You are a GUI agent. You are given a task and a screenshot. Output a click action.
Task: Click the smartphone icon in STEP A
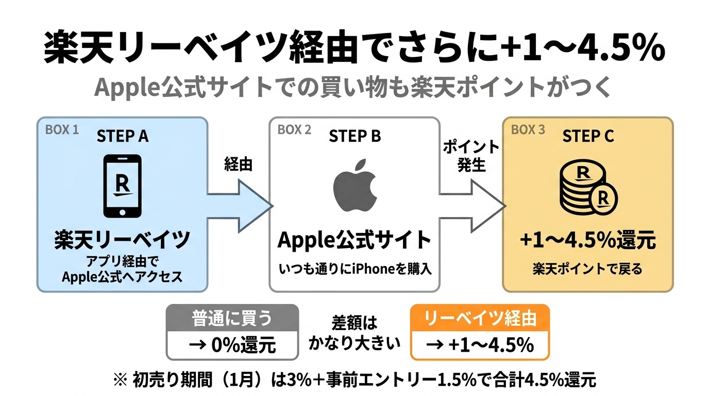click(x=123, y=186)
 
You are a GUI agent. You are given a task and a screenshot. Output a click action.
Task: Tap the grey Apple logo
click(x=354, y=188)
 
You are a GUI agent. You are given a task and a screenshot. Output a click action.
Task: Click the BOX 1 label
click(x=62, y=129)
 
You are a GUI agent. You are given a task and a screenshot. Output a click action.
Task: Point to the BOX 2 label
click(x=294, y=129)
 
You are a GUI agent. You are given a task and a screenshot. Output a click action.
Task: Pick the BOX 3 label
click(x=528, y=129)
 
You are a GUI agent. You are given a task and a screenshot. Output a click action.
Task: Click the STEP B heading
click(x=354, y=136)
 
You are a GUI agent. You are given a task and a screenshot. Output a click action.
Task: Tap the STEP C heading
click(x=588, y=136)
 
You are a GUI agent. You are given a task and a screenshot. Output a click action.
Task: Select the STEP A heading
click(x=122, y=136)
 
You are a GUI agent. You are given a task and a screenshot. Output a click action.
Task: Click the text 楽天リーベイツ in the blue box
click(x=122, y=240)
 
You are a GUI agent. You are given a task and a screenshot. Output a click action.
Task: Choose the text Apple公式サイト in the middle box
click(x=354, y=240)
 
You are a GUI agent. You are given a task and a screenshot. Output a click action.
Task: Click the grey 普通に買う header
click(x=232, y=319)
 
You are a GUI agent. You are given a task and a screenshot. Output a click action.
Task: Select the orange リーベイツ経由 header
click(x=480, y=319)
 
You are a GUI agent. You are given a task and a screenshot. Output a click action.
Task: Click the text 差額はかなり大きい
click(x=354, y=333)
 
